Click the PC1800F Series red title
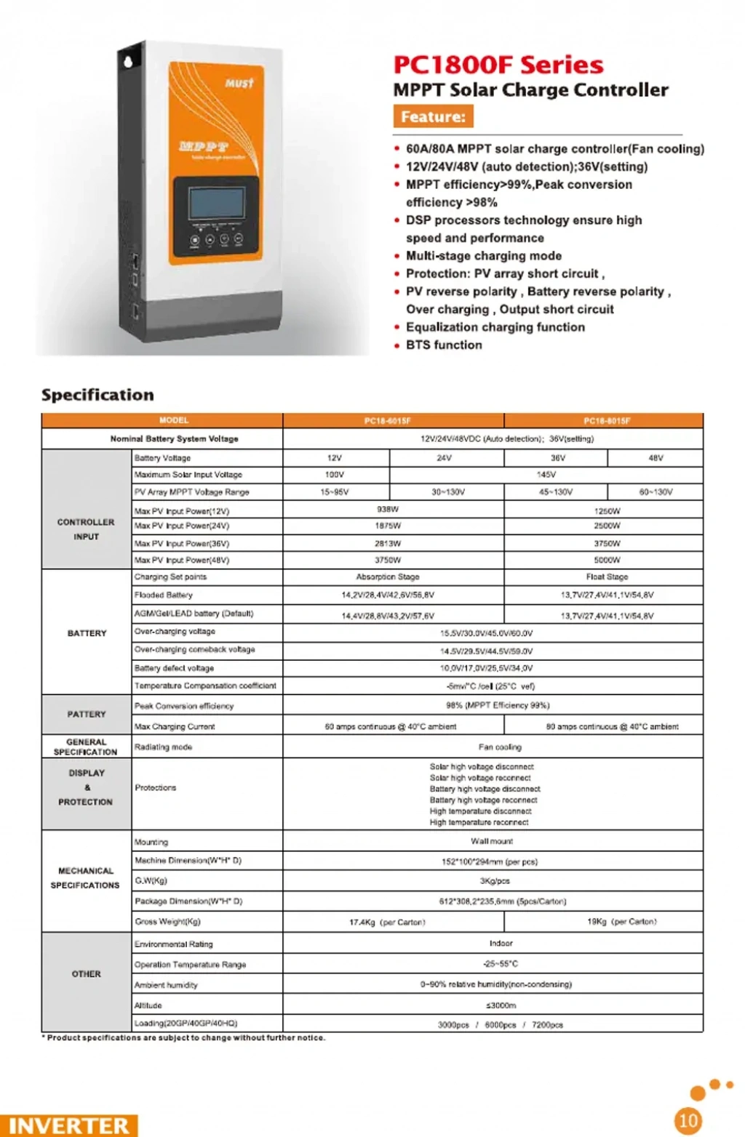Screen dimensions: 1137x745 498,65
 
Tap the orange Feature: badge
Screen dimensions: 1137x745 433,116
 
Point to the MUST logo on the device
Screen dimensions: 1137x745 239,83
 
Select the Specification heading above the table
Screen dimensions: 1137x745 97,395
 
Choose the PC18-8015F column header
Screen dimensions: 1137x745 607,421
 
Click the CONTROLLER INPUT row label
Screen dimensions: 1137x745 86,529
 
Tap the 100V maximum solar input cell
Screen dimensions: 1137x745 335,475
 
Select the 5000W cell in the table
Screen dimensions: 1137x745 607,561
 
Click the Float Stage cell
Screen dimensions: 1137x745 607,577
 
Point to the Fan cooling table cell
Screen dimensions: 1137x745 500,747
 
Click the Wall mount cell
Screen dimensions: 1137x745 492,841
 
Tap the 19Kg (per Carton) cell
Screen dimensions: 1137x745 621,922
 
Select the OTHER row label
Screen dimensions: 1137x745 86,974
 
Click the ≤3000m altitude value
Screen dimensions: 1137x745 500,1005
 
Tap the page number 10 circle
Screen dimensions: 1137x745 688,1120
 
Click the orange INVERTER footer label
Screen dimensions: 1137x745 68,1125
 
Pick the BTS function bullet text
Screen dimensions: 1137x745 444,345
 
